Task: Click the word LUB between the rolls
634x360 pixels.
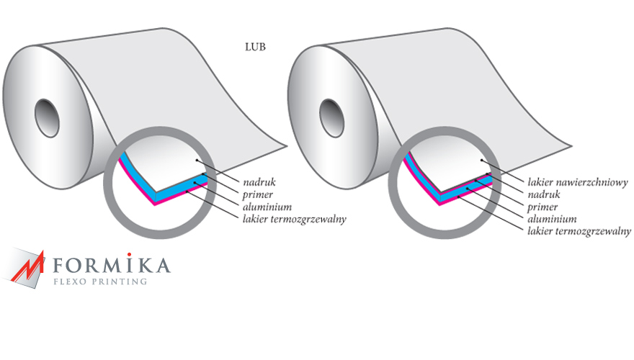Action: point(255,47)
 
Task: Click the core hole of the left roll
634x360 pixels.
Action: point(47,117)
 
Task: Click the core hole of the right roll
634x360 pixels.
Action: point(331,117)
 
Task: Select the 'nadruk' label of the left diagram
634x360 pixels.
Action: point(259,182)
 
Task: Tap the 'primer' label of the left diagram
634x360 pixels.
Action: point(258,194)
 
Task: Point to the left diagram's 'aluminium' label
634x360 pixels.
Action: point(267,207)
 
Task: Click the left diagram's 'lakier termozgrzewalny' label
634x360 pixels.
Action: point(295,220)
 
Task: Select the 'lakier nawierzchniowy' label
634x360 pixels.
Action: point(578,182)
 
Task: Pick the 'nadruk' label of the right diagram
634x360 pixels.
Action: point(544,194)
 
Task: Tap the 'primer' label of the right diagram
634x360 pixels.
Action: point(543,207)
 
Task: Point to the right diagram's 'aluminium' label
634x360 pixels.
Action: point(552,219)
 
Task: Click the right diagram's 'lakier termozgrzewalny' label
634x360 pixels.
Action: point(579,232)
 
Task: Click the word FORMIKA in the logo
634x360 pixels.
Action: point(112,265)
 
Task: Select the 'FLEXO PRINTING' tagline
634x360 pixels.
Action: point(100,282)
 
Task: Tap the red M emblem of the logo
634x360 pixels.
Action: point(27,267)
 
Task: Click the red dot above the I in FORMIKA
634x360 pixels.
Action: point(129,255)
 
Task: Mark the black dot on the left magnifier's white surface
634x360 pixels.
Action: point(197,161)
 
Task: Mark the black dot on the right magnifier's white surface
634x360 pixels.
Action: point(481,161)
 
